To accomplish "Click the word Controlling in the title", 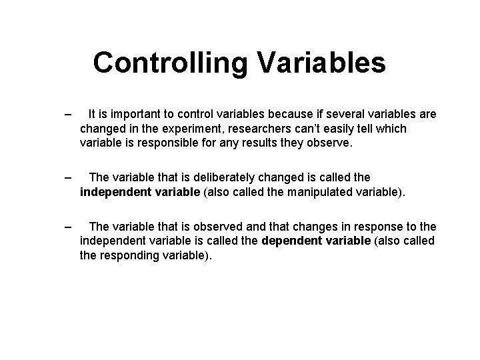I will click(x=169, y=63).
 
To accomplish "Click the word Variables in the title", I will click(x=319, y=63).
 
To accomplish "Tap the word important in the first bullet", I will click(x=137, y=115).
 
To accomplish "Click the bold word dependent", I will click(x=295, y=241).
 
